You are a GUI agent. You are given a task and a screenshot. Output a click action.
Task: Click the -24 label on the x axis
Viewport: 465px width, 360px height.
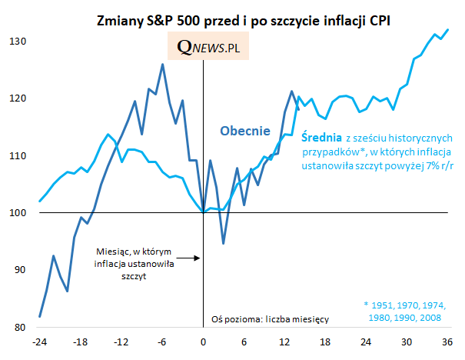click(39, 343)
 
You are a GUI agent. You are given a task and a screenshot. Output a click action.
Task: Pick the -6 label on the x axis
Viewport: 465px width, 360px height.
click(162, 343)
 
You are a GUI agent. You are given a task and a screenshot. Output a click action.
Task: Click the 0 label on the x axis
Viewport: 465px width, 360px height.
click(203, 343)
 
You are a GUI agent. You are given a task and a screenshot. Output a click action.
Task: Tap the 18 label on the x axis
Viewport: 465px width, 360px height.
click(325, 343)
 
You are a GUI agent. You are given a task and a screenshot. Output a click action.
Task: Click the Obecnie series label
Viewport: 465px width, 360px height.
click(245, 131)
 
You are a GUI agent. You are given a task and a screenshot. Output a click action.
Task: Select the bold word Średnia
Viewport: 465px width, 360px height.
click(321, 137)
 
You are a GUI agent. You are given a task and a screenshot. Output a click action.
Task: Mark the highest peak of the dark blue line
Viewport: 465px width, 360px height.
click(162, 64)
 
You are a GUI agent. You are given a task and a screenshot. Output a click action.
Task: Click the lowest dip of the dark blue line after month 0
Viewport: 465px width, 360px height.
click(223, 244)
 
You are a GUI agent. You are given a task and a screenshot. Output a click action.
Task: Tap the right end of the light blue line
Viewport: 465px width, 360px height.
click(448, 30)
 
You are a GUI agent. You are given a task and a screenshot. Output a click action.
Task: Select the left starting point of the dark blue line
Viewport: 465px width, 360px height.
click(39, 317)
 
